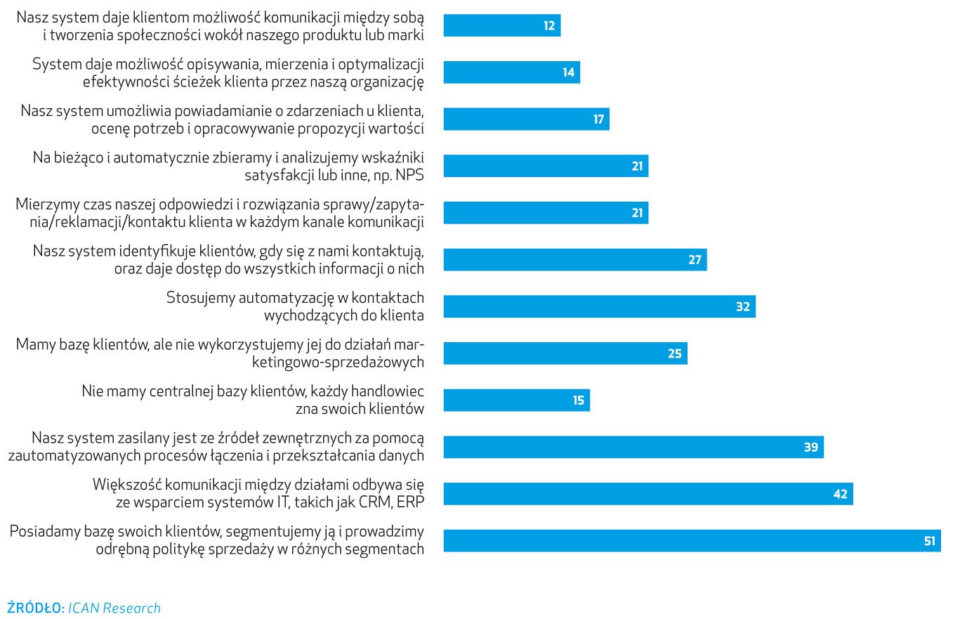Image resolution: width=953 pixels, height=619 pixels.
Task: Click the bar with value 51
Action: [692, 541]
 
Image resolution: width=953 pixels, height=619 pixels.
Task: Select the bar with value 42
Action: [648, 494]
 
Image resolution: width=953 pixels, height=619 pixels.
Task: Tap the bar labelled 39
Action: [633, 447]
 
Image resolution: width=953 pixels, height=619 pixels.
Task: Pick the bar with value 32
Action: [599, 306]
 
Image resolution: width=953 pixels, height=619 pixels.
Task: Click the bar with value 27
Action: [574, 260]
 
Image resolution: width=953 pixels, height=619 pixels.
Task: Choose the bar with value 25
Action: [565, 353]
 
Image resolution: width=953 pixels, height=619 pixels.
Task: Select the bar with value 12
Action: [501, 25]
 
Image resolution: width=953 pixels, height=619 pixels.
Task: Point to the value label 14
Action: [568, 72]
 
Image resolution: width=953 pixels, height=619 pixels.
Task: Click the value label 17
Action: [598, 119]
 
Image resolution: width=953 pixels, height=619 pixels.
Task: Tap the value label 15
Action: [578, 400]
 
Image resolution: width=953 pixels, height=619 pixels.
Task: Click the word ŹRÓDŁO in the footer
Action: [35, 608]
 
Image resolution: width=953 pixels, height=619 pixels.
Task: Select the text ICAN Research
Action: [114, 608]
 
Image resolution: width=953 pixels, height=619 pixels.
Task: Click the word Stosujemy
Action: [199, 297]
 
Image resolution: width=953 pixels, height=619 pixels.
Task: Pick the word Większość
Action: [127, 485]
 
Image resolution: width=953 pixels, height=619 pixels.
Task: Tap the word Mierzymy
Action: [47, 204]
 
